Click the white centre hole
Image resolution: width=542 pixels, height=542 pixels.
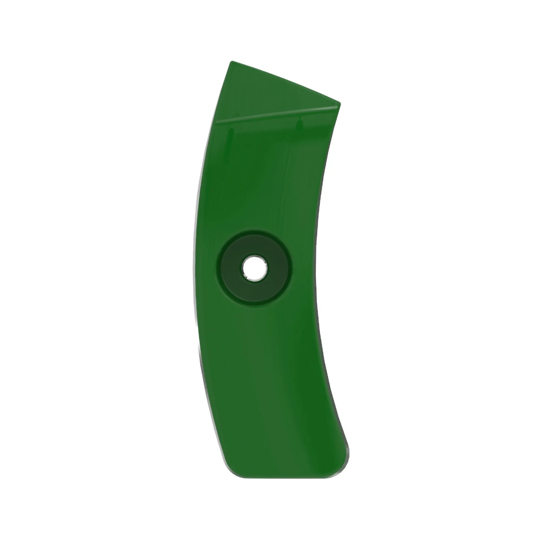(x=254, y=268)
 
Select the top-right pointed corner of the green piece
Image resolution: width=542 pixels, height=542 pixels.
(x=340, y=103)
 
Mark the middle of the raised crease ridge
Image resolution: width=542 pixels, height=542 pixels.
(x=278, y=114)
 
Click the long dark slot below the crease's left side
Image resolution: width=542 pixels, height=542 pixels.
(x=232, y=137)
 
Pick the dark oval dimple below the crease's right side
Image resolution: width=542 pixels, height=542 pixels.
(x=300, y=125)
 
